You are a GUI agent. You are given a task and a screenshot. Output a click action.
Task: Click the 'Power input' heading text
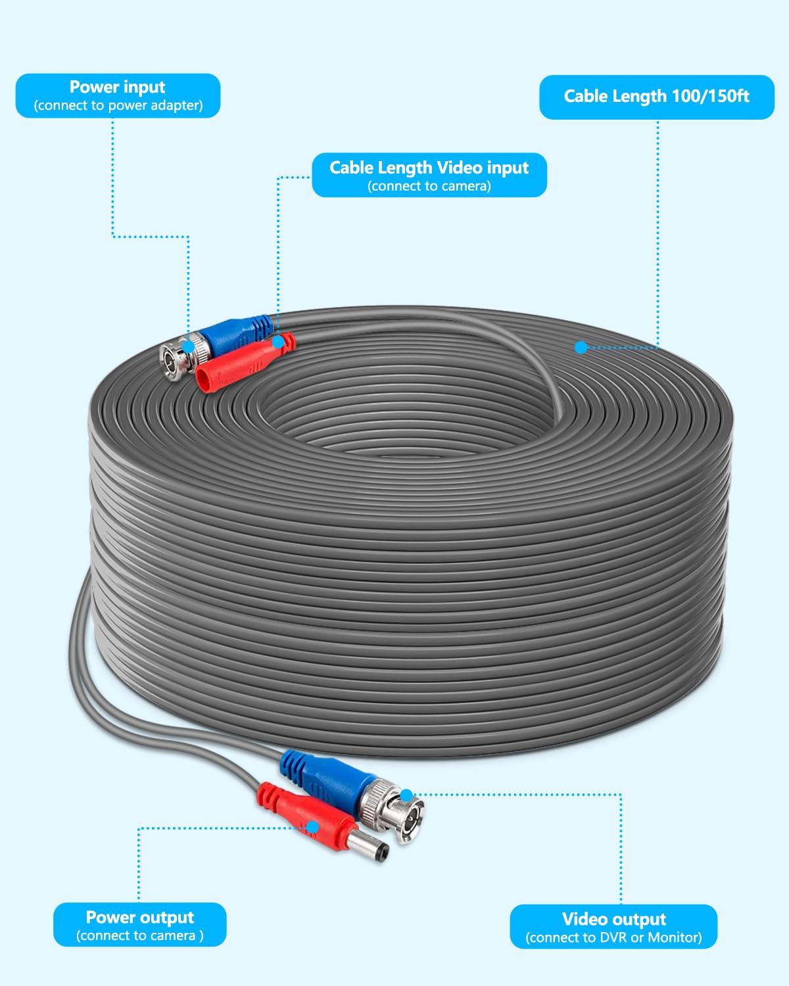click(x=117, y=87)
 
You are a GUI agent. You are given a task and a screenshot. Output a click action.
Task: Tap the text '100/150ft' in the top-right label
click(x=711, y=97)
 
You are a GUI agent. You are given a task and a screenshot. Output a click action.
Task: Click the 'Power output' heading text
click(x=140, y=917)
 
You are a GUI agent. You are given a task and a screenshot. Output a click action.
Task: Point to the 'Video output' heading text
click(x=613, y=919)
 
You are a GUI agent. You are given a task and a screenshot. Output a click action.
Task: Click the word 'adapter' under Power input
click(x=176, y=106)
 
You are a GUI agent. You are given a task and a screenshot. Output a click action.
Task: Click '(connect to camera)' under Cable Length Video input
click(x=429, y=187)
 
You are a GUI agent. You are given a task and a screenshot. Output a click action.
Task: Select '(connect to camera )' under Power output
click(x=140, y=936)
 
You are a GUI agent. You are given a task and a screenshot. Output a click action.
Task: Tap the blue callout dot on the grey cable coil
click(x=581, y=347)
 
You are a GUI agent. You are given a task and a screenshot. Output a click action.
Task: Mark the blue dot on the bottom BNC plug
click(x=406, y=795)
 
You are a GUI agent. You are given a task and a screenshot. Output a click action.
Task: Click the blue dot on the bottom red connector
click(x=313, y=827)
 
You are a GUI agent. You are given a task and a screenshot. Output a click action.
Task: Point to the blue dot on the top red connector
click(x=278, y=342)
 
